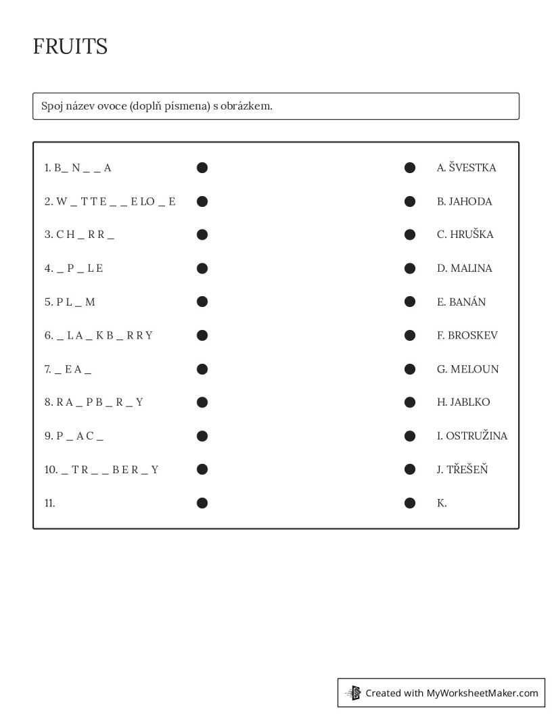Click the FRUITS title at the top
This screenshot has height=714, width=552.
70,47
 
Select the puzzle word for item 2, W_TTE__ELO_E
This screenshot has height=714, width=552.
115,201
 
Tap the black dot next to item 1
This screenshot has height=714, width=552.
202,168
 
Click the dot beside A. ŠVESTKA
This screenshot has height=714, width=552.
410,168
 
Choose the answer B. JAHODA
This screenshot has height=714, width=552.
464,201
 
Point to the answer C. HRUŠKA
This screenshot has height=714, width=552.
465,235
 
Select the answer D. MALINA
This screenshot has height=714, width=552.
464,268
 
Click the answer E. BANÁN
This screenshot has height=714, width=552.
461,302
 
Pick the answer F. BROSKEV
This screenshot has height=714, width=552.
467,335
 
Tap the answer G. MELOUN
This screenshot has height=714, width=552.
467,369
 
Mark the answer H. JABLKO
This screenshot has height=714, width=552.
463,402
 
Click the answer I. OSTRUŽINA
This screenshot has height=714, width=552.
471,436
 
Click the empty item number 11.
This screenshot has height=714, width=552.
49,503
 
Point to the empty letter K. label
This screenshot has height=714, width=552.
442,503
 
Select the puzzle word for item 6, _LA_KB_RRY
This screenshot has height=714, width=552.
103,335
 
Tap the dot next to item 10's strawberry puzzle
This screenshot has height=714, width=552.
202,469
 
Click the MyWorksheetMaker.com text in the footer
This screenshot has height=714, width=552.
482,693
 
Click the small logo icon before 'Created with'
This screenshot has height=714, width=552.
353,693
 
